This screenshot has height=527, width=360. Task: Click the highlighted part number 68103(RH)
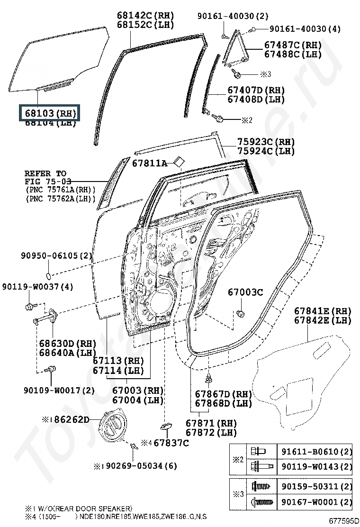pyautogui.click(x=49, y=114)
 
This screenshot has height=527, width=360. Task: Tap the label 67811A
pyautogui.click(x=149, y=164)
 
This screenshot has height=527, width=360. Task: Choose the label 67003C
pyautogui.click(x=245, y=292)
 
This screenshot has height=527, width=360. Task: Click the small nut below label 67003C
pyautogui.click(x=240, y=313)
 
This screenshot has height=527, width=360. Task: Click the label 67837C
pyautogui.click(x=171, y=443)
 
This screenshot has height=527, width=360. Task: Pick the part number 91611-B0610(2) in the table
pyautogui.click(x=317, y=452)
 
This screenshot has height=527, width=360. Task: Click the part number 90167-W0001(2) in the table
pyautogui.click(x=317, y=502)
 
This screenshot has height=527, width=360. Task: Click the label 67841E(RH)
pyautogui.click(x=323, y=311)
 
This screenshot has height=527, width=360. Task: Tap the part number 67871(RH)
pyautogui.click(x=211, y=423)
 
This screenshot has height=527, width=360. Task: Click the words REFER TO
pyautogui.click(x=45, y=173)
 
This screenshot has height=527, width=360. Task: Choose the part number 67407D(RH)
pyautogui.click(x=256, y=90)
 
